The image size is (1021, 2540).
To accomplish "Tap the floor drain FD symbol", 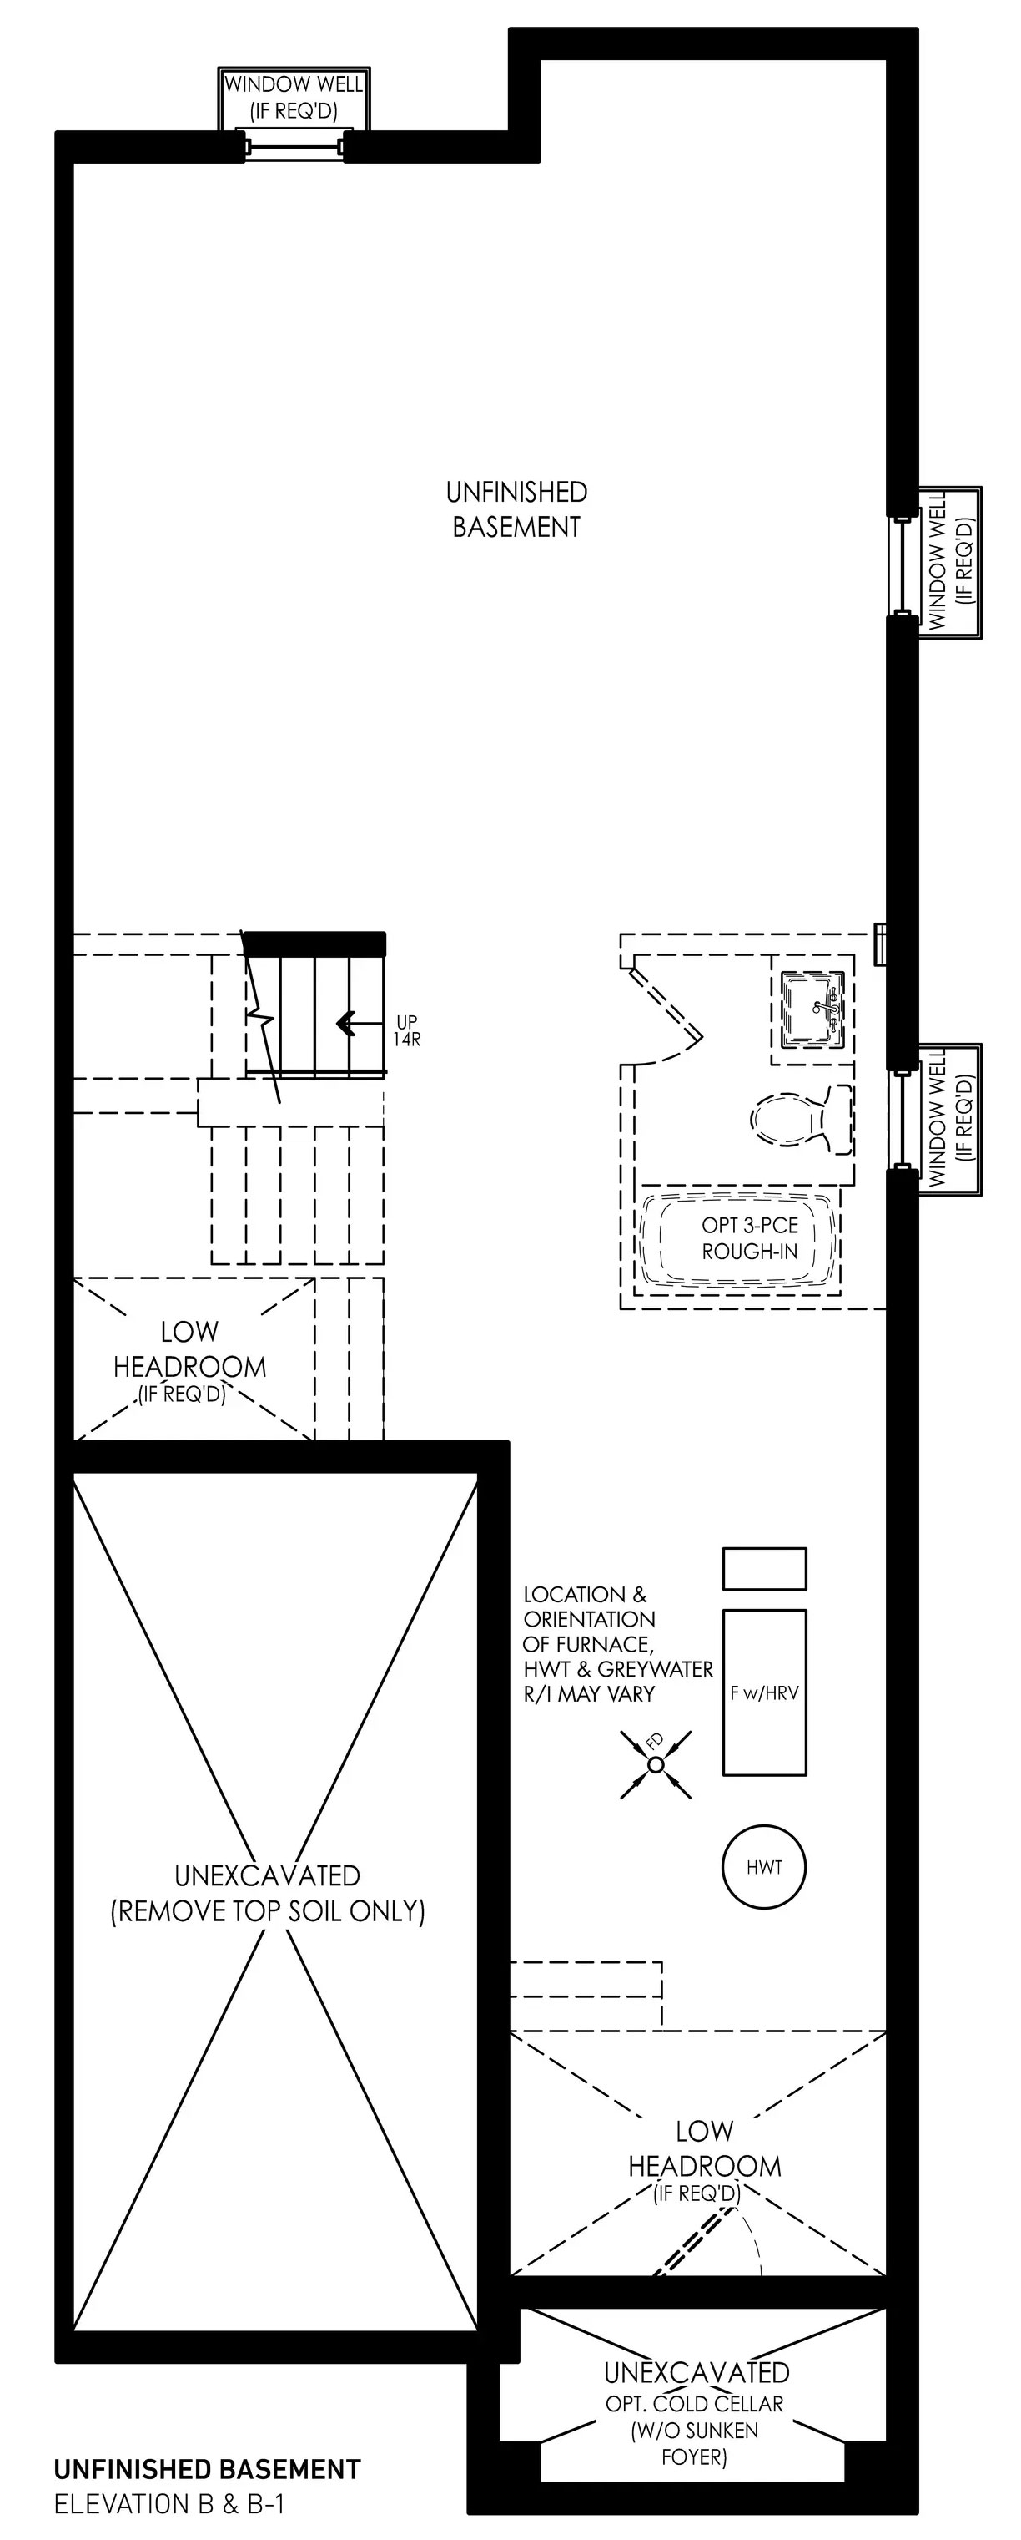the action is click(x=656, y=1764).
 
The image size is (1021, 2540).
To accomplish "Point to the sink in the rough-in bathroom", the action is click(x=813, y=1009).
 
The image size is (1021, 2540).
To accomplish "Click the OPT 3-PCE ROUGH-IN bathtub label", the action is click(x=750, y=1238).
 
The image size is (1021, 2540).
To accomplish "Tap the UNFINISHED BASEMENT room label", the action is click(x=516, y=509).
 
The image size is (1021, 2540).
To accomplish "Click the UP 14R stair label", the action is click(x=407, y=1030).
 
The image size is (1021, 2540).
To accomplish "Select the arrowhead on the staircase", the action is click(x=345, y=1024).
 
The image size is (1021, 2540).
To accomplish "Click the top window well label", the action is click(x=293, y=97).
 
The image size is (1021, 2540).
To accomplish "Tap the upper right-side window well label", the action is click(x=949, y=561).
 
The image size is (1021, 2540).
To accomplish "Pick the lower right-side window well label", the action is click(x=949, y=1118).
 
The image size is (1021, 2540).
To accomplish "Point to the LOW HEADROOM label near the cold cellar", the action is click(x=705, y=2160).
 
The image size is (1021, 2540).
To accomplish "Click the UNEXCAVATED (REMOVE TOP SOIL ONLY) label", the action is click(x=267, y=1893).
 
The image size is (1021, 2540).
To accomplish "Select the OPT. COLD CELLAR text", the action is click(x=695, y=2403).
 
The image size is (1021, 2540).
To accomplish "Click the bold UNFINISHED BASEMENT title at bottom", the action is click(x=207, y=2469).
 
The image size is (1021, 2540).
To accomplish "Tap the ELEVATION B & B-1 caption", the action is click(x=168, y=2503).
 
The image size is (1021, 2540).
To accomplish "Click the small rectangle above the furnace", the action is click(x=765, y=1569).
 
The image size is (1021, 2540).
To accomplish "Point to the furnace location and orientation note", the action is click(x=618, y=1644).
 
